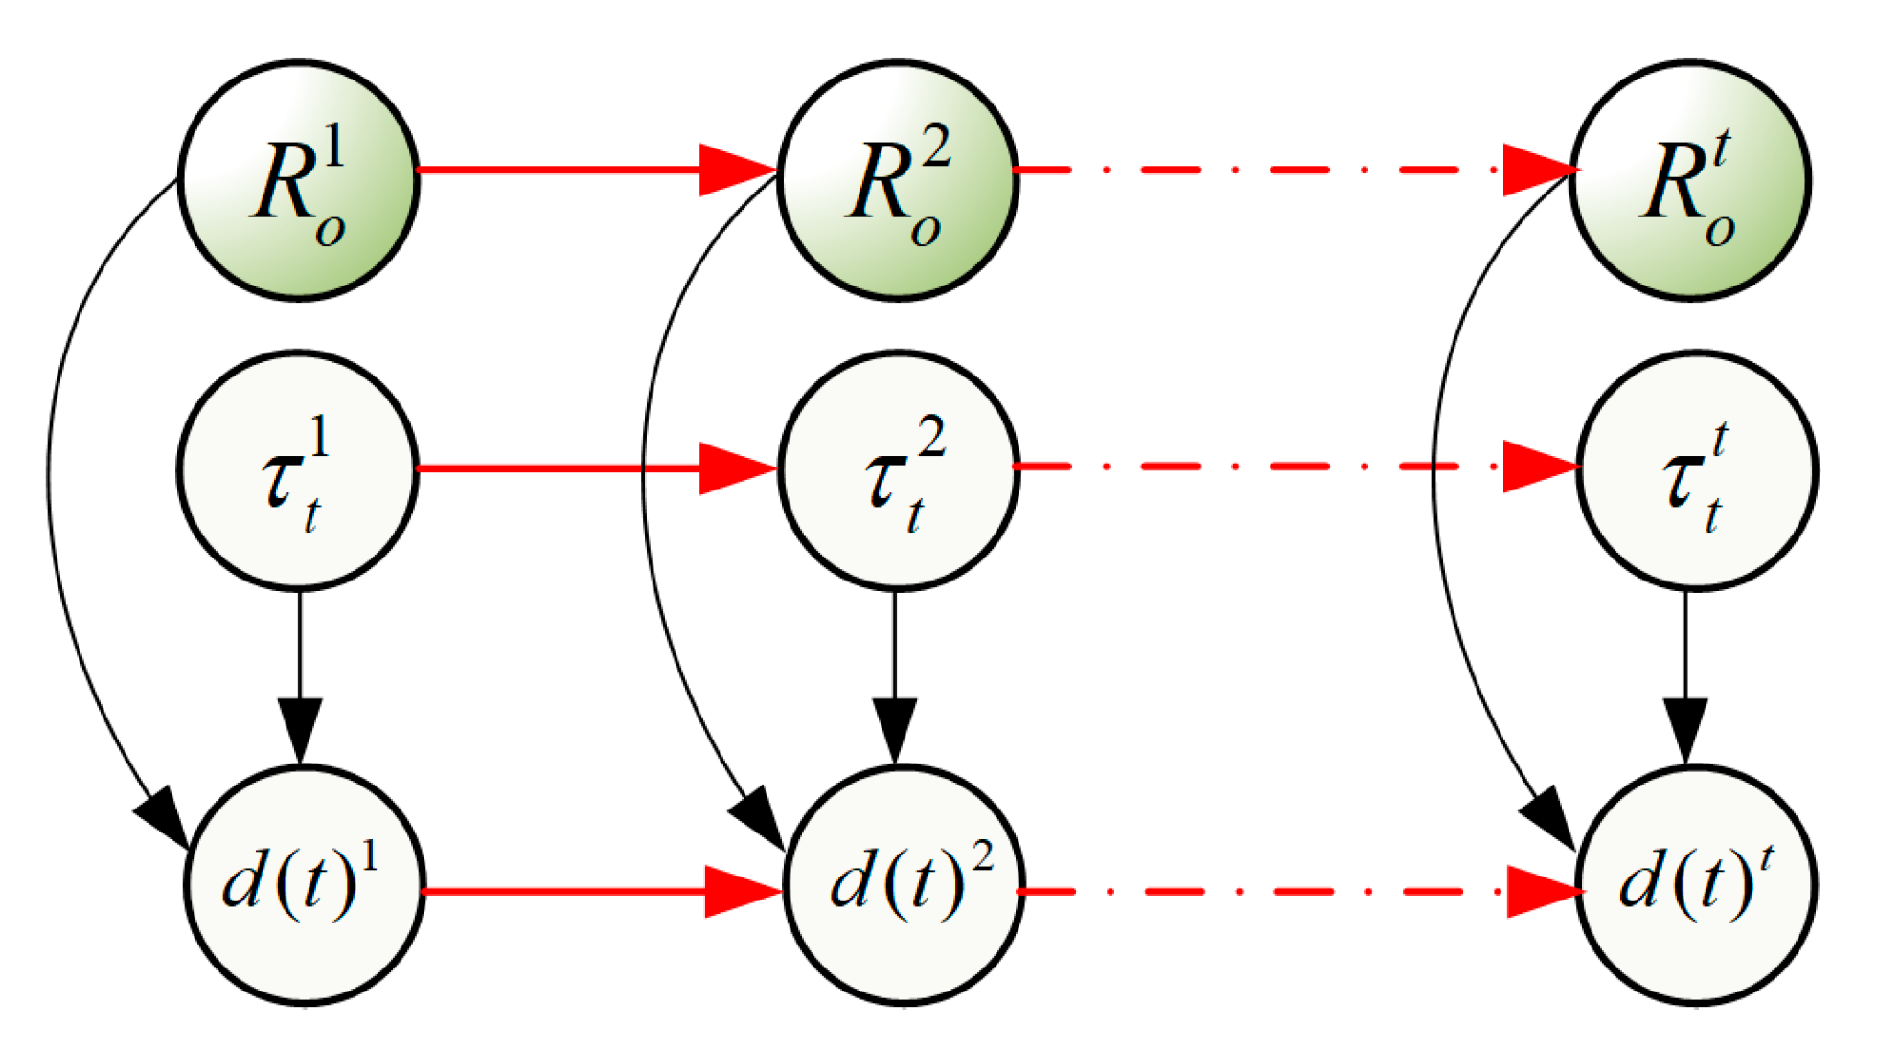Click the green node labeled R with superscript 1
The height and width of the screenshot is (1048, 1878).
299,180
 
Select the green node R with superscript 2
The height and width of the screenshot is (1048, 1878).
898,180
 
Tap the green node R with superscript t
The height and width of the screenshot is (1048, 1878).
1688,180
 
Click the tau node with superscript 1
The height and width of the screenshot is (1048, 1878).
298,469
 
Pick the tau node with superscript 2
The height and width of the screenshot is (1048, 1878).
898,469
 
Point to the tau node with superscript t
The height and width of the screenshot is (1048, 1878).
1696,469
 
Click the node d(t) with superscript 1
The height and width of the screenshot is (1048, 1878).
304,885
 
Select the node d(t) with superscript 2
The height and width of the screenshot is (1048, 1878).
904,885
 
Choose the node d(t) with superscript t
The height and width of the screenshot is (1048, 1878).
1696,885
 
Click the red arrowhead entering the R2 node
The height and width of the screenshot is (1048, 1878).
736,171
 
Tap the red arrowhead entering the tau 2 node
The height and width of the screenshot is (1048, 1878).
736,468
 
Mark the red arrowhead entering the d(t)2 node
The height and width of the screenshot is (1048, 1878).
741,892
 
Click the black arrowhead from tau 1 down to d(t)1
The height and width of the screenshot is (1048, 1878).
300,730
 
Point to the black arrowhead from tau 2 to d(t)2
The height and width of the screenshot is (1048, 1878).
895,730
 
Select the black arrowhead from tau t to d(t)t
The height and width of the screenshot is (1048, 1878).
1685,730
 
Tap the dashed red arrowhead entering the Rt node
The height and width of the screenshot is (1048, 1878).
1538,171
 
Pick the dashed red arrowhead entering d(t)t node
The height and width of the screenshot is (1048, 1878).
1543,892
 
